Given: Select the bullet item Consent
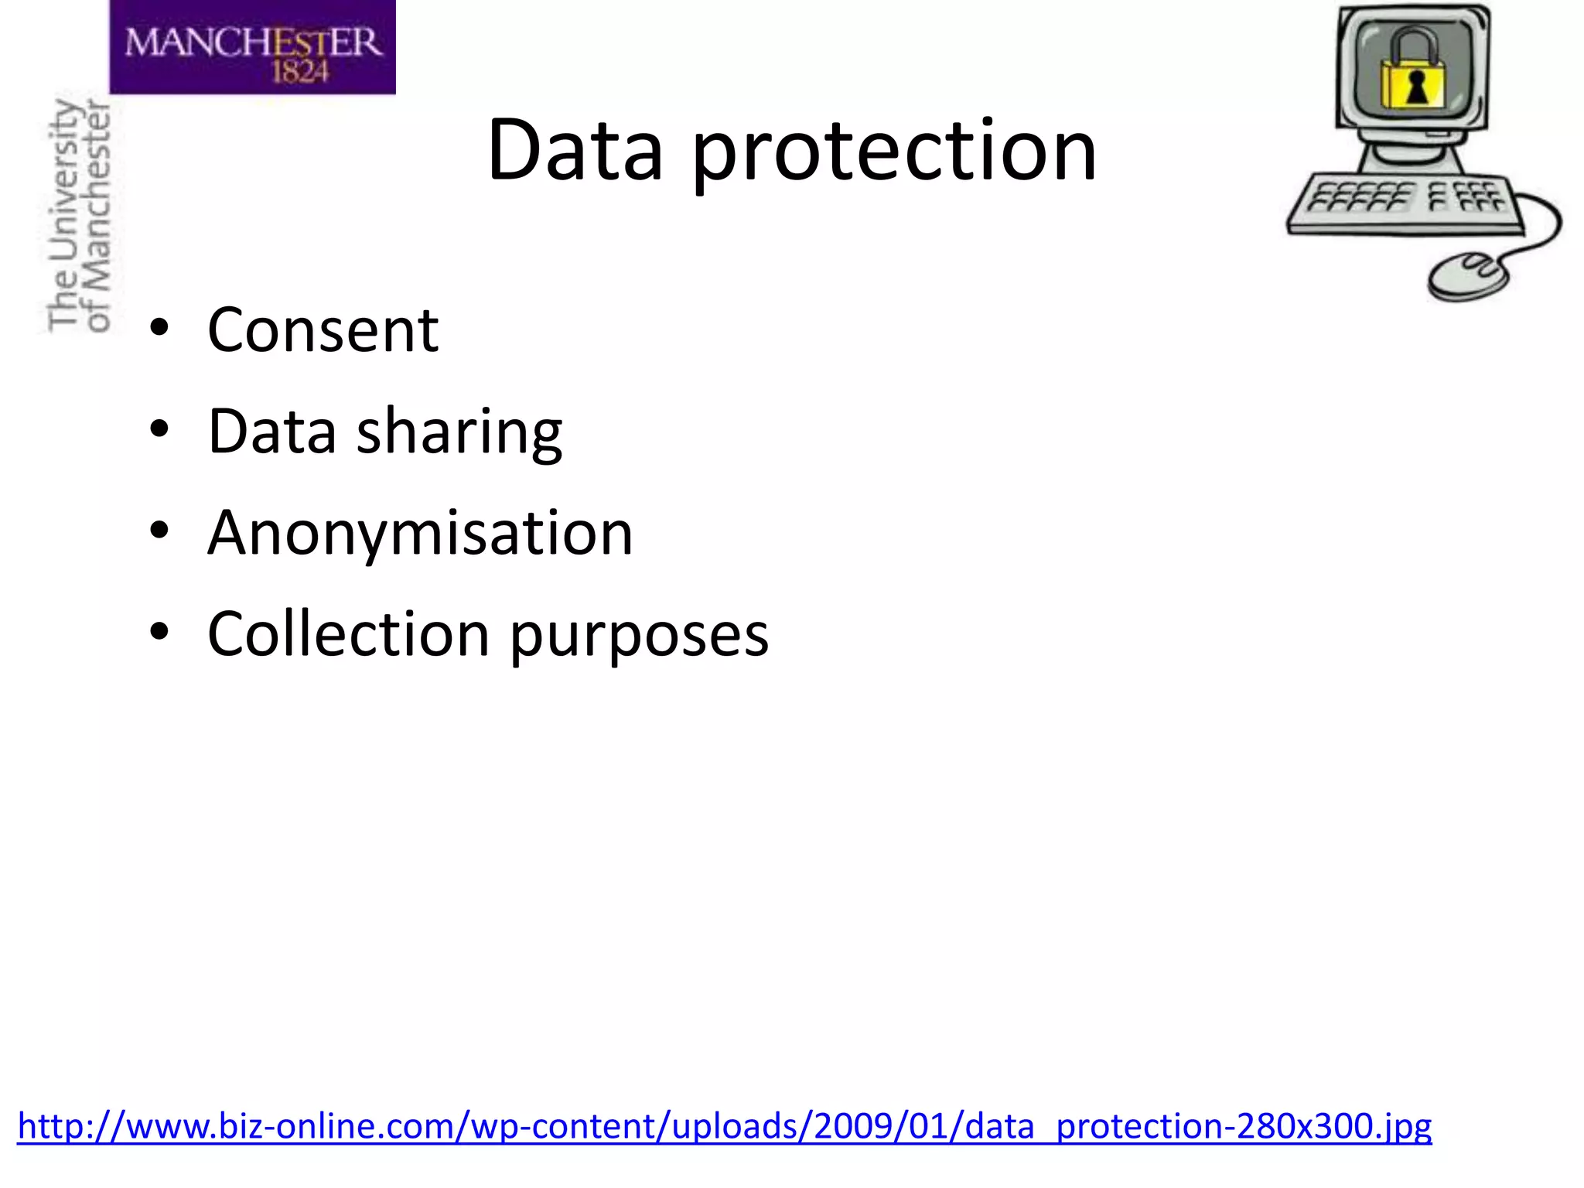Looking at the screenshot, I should (323, 330).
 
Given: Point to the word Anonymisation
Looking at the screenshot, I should (420, 533).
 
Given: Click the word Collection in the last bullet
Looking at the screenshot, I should (348, 634).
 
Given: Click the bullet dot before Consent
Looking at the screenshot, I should (159, 328).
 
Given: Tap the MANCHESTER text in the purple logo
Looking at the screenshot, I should (253, 42).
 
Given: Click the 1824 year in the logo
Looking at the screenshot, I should (300, 73).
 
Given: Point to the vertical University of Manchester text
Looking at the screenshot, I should (79, 217).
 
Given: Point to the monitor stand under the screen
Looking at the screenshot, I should (1412, 155).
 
